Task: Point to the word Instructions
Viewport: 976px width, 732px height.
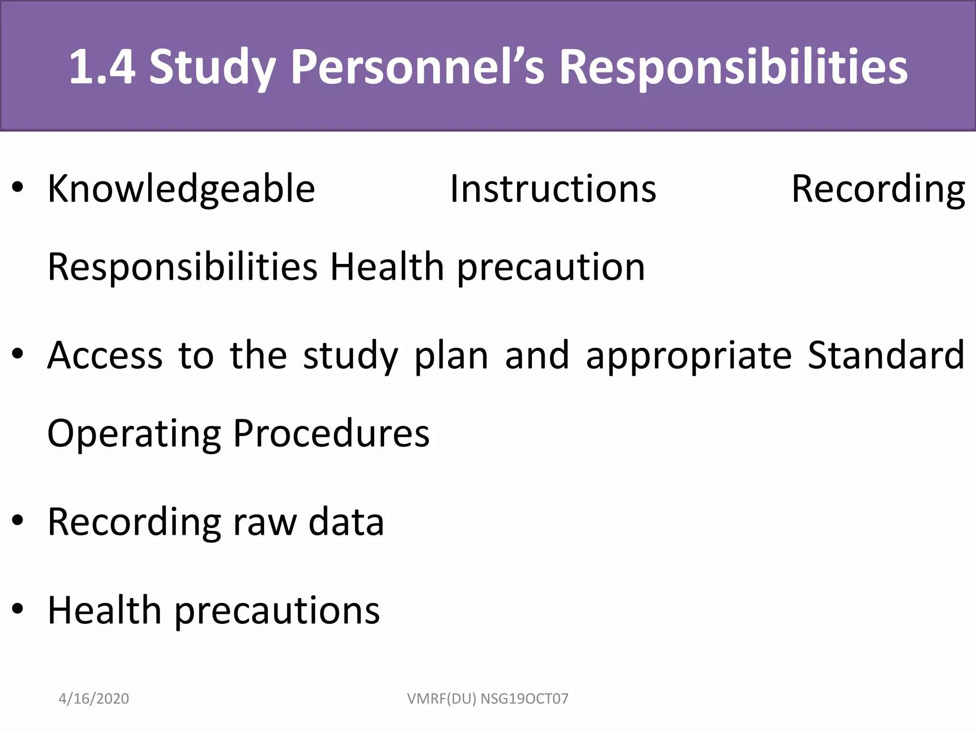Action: [x=553, y=189]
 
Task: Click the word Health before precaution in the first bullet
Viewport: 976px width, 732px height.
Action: [x=387, y=267]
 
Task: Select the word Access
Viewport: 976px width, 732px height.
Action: [x=105, y=356]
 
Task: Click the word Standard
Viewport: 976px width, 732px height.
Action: [x=886, y=356]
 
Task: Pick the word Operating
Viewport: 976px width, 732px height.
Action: [x=134, y=434]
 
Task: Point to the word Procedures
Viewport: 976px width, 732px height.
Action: [x=331, y=434]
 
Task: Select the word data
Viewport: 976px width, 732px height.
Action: [x=346, y=522]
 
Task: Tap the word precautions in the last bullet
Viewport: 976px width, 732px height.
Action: [x=277, y=611]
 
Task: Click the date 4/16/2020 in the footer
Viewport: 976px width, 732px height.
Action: [x=93, y=699]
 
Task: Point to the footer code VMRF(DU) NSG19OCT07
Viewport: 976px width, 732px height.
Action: [x=488, y=699]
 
